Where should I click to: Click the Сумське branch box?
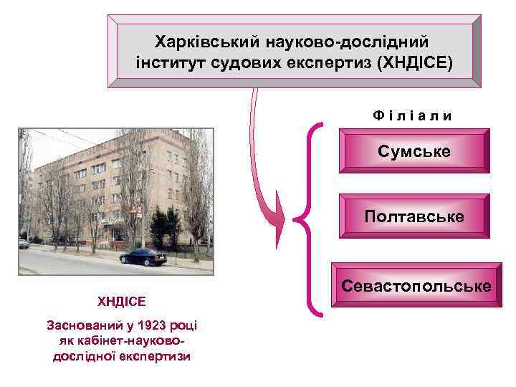(414, 152)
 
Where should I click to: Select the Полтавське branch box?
(414, 216)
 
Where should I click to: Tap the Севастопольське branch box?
(416, 287)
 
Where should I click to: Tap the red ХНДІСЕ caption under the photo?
(122, 302)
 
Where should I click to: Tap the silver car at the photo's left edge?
(24, 244)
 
